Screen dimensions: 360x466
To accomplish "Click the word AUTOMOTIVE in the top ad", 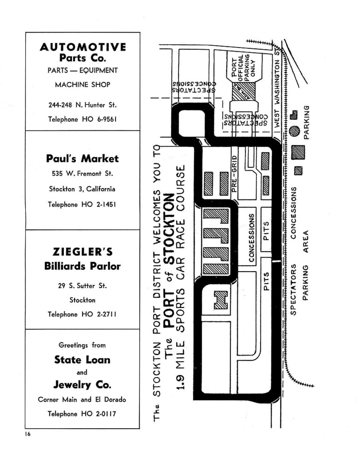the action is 83,47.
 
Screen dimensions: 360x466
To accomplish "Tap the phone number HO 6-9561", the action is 99,119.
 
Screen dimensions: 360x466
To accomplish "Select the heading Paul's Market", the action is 83,158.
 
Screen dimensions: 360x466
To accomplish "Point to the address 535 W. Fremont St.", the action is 83,173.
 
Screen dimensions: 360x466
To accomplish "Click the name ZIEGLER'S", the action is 83,252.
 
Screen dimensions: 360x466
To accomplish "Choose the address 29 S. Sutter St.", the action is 83,286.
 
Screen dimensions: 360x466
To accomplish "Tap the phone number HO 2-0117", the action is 99,413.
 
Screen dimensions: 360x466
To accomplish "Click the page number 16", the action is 28,434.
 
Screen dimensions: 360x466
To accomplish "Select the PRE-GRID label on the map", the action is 234,174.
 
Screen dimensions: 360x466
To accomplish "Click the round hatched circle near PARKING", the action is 294,131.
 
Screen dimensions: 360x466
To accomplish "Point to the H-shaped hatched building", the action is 221,300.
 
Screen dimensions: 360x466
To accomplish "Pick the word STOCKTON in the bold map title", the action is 169,229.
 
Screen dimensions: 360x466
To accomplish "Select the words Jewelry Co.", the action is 83,385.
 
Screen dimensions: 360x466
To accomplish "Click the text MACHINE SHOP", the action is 83,85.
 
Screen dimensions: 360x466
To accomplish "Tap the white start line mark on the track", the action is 276,261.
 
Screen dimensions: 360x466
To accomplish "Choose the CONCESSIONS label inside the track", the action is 252,238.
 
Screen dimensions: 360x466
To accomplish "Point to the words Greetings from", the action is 82,345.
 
